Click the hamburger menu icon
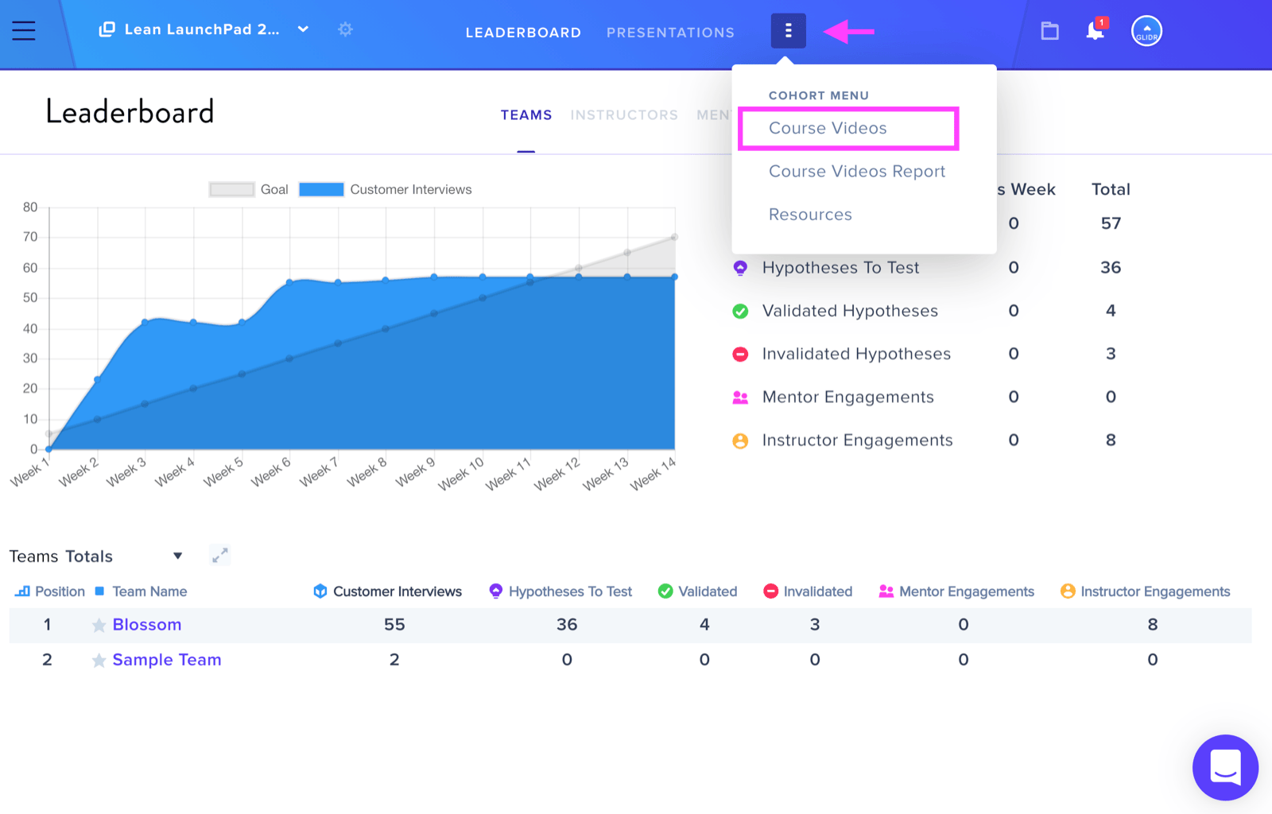[24, 31]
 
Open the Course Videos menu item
[828, 128]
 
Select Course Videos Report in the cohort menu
[857, 172]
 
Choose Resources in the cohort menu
[810, 215]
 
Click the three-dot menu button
[788, 31]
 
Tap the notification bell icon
[1096, 30]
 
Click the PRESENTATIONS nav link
[670, 33]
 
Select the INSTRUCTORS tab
[624, 115]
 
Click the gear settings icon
[345, 29]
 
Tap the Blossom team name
[147, 624]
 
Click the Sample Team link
[167, 660]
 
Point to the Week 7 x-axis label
[319, 471]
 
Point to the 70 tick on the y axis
[30, 237]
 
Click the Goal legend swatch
[231, 190]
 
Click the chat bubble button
[1225, 767]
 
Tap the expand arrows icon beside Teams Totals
[219, 555]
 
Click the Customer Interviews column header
[387, 591]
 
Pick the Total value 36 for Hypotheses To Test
[1111, 267]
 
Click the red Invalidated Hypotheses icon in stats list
[740, 355]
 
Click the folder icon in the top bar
[1049, 31]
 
